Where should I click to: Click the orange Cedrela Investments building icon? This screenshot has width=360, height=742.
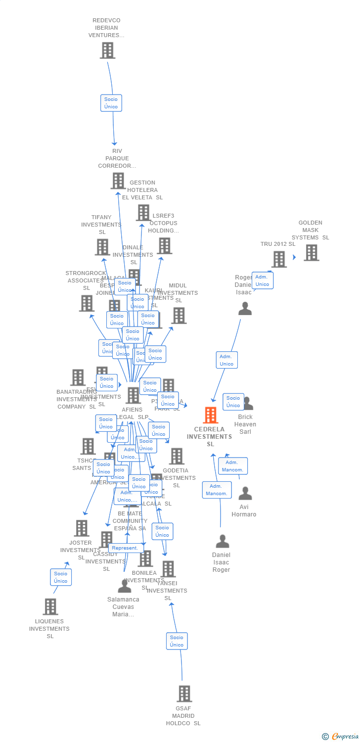pos(211,415)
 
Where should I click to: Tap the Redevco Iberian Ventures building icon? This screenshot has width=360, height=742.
pos(107,50)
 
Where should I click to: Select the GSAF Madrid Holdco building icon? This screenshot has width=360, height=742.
pos(184,694)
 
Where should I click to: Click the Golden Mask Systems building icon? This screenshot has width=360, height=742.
pos(311,252)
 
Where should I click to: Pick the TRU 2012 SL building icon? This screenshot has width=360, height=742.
pos(279,259)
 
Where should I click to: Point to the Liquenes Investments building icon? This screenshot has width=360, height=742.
pos(50,606)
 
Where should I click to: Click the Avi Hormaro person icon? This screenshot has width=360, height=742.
pos(245,493)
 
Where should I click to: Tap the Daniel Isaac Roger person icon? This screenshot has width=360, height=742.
pos(222,541)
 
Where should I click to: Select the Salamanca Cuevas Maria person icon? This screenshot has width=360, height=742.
pos(125,586)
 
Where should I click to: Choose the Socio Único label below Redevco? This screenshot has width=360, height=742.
pos(111,103)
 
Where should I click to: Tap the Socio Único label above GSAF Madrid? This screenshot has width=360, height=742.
pos(177,641)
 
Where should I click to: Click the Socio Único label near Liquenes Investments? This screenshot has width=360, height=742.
pos(61,577)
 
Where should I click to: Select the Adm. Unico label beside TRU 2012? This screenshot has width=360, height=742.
pos(262,280)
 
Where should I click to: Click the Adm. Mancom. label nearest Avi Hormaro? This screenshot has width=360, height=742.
pos(233,466)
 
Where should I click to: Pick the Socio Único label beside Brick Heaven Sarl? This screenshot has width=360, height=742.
pos(233,402)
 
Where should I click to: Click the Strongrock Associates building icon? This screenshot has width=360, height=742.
pos(87,303)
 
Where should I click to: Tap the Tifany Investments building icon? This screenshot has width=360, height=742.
pos(102,247)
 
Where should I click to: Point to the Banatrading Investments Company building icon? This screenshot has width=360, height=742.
pos(78,377)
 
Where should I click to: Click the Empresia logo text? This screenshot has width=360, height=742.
pos(345,737)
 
